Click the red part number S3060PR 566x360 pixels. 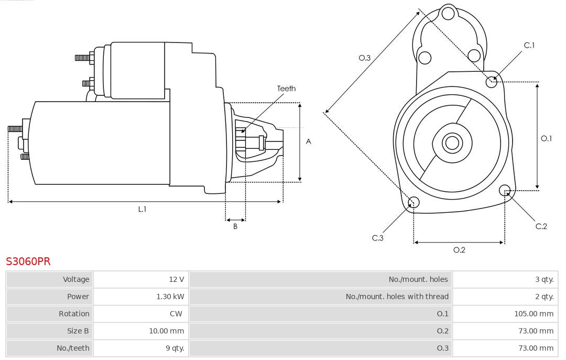coord(28,261)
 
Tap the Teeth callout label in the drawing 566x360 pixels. coord(286,89)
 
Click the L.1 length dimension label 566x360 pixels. coord(142,209)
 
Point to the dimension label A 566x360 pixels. coord(309,141)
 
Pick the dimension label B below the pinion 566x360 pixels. coord(235,227)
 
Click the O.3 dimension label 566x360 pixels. coord(364,58)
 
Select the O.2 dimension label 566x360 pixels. coord(459,250)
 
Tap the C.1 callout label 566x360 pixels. coord(529,46)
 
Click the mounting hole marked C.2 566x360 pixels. coord(505,190)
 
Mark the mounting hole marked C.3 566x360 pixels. coord(413,202)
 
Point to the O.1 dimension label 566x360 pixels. coord(546,138)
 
